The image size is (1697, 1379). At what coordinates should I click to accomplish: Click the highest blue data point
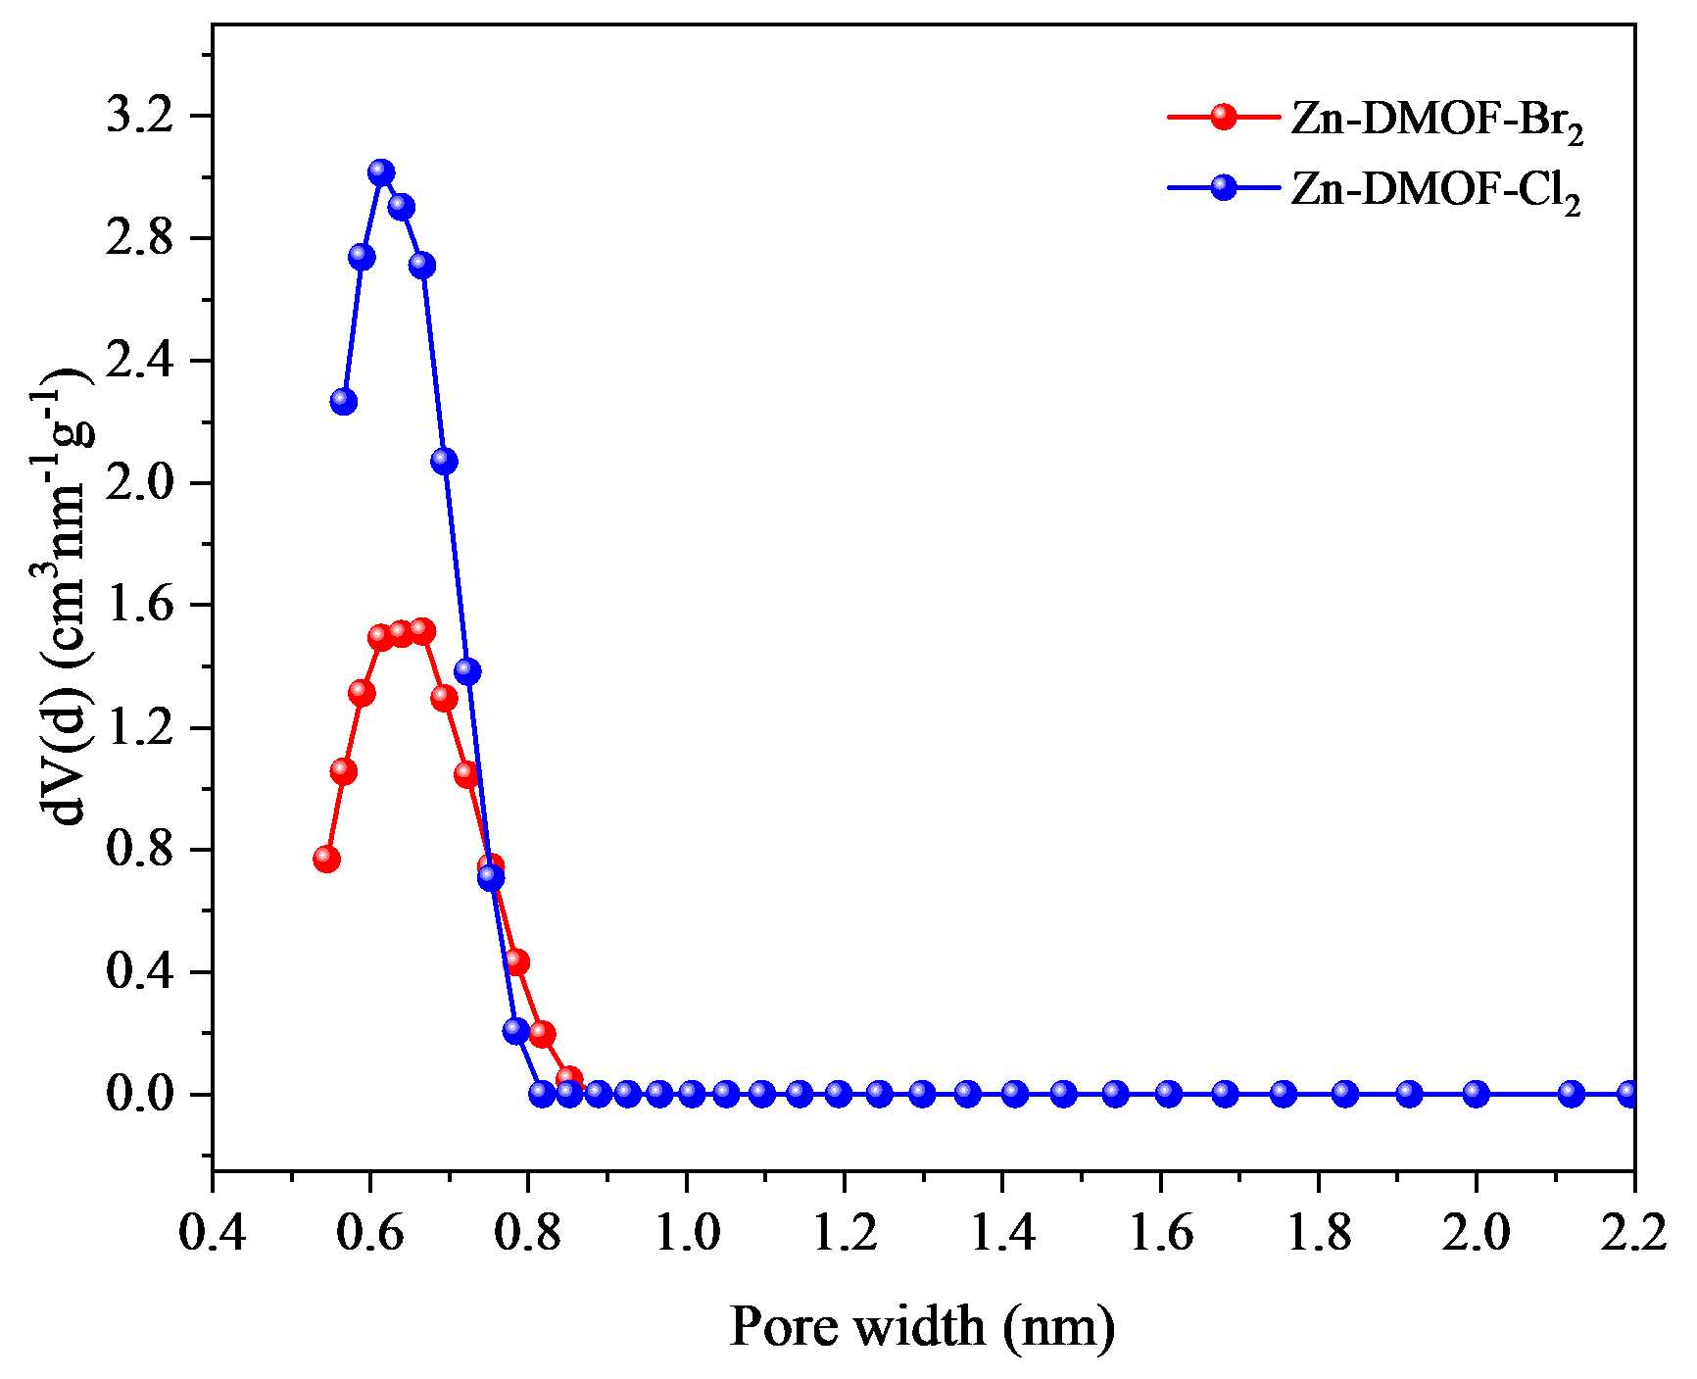[x=381, y=172]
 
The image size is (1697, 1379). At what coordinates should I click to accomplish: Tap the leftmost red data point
[x=327, y=859]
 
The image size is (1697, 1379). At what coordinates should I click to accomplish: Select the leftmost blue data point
[x=344, y=401]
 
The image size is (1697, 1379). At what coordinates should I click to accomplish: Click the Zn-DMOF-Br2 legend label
[x=1436, y=123]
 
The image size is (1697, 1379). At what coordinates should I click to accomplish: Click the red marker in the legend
[x=1224, y=117]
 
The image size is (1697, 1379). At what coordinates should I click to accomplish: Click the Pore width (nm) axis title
[x=922, y=1327]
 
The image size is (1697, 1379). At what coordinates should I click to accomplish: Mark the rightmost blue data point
[x=1629, y=1093]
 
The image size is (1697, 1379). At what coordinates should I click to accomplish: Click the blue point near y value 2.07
[x=444, y=461]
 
